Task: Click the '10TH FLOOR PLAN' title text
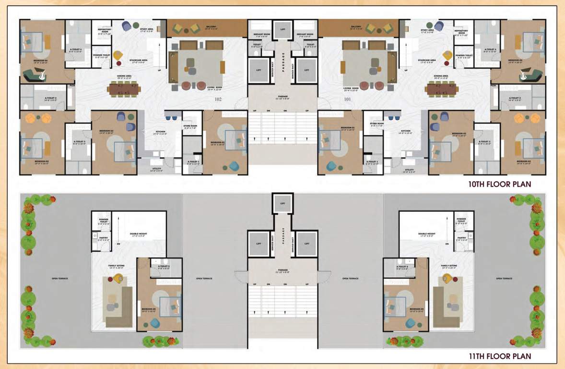point(500,184)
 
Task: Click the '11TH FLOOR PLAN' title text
point(500,357)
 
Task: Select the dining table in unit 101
point(440,89)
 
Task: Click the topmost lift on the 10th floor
point(282,29)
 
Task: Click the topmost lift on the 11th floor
point(282,203)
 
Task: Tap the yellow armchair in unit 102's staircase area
point(118,55)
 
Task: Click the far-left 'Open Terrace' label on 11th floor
point(59,278)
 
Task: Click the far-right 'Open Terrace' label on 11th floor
point(505,278)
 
